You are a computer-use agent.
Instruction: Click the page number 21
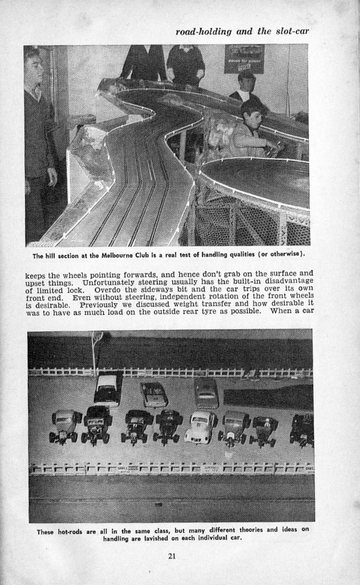coord(171,556)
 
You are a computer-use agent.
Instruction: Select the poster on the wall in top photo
coord(244,58)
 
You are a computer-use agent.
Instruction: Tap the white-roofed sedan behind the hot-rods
coord(108,389)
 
